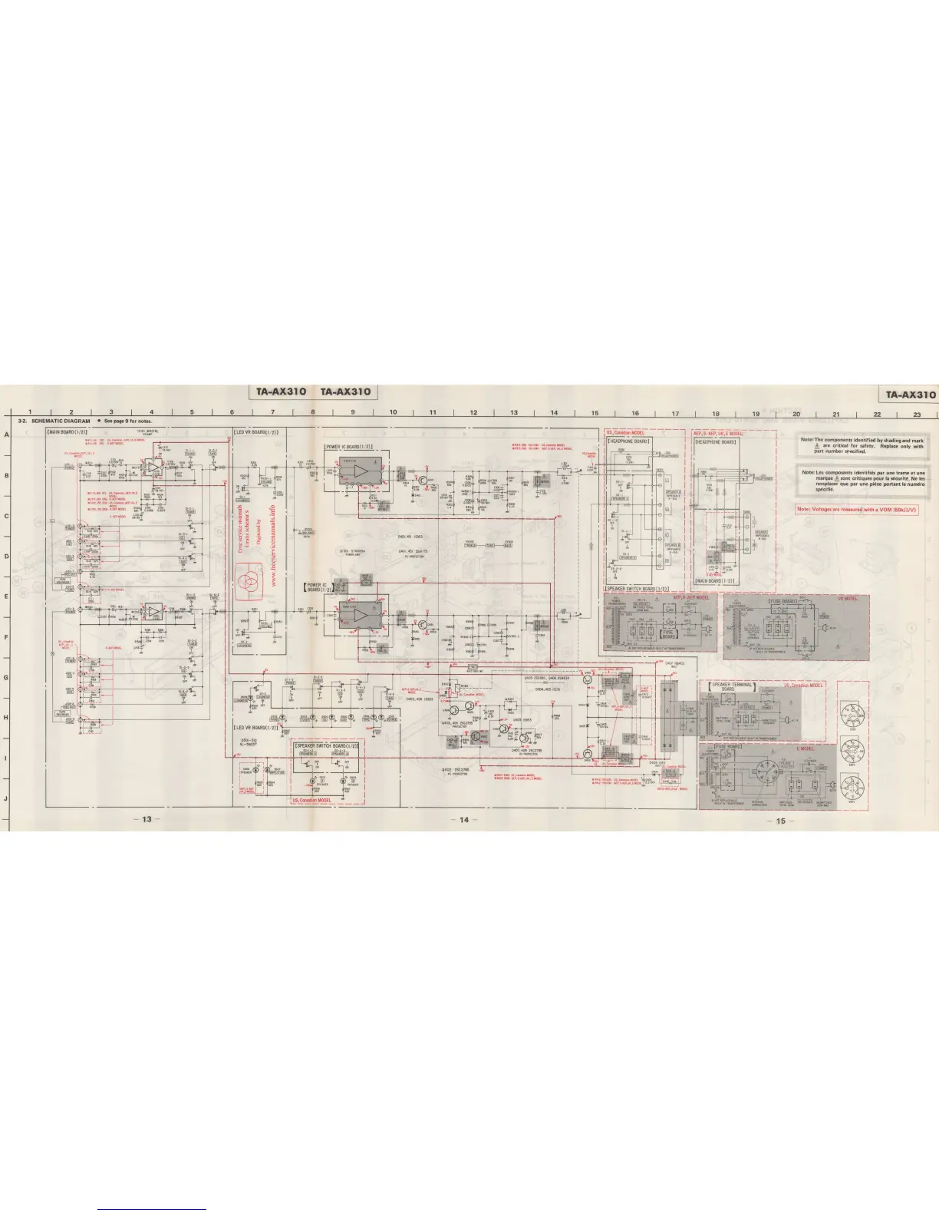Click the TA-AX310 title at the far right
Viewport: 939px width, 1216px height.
910,395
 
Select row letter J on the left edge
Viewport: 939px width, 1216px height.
7,798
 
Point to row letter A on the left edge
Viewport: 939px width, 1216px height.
7,435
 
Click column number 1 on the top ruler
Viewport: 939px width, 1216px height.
30,412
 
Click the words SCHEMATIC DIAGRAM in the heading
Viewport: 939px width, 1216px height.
61,421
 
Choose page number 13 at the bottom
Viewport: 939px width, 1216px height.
147,820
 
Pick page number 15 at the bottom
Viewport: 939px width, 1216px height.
780,820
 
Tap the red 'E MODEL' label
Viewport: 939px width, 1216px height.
805,748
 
